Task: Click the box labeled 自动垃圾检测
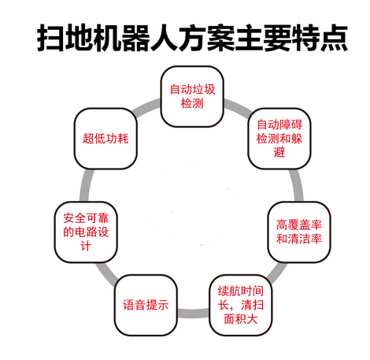tap(192, 96)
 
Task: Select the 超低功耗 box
tap(105, 139)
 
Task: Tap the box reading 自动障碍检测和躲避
tap(279, 139)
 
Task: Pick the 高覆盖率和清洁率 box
tap(299, 232)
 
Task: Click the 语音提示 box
tap(146, 305)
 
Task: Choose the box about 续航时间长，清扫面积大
tap(241, 305)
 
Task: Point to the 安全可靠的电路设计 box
tap(86, 232)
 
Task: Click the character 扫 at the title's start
tap(50, 38)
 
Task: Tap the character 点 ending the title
tap(334, 38)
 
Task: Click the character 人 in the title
tap(164, 38)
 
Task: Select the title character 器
tap(135, 38)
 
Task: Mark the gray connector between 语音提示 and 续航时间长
tap(194, 314)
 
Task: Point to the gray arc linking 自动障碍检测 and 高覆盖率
tap(298, 185)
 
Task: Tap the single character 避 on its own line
tap(279, 152)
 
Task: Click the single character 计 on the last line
tap(86, 246)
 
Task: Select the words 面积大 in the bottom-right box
tap(241, 319)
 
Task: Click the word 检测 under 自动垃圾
tap(192, 103)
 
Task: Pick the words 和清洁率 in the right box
tap(299, 239)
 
